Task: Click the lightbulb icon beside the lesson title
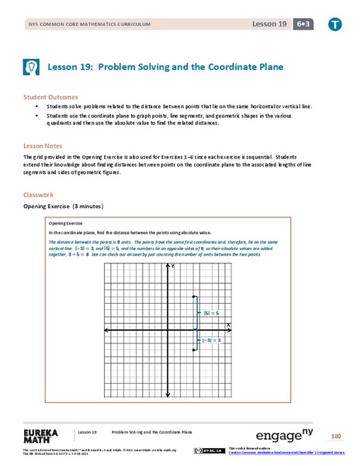33,68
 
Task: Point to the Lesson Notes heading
42,145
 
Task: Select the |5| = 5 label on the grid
211,312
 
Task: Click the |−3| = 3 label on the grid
213,340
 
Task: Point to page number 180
335,436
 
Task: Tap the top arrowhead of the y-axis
168,265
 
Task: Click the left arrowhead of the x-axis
106,330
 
